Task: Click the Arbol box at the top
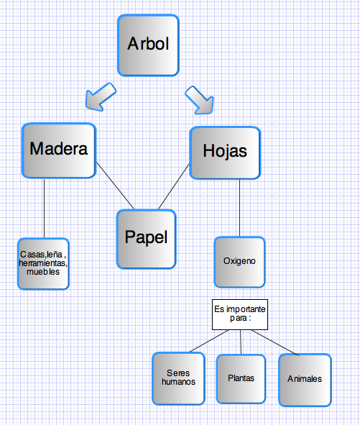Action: click(148, 45)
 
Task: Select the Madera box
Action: click(59, 150)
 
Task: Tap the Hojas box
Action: click(225, 153)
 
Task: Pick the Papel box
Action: click(147, 239)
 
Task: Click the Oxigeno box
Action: click(239, 262)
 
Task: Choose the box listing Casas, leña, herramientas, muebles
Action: click(43, 264)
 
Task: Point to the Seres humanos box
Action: click(178, 378)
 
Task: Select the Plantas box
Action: click(241, 379)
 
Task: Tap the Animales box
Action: click(305, 380)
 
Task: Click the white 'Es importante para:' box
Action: click(240, 314)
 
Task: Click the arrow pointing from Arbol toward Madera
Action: click(101, 97)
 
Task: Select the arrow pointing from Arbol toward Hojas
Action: click(200, 100)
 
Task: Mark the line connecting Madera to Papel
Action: click(116, 186)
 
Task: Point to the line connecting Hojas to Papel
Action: click(174, 186)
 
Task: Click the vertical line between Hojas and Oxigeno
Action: click(239, 208)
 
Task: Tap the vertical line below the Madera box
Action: click(44, 208)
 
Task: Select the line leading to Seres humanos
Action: click(209, 341)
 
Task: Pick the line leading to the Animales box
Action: click(275, 342)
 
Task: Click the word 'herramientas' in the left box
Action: click(43, 263)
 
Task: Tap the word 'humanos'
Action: click(178, 382)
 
